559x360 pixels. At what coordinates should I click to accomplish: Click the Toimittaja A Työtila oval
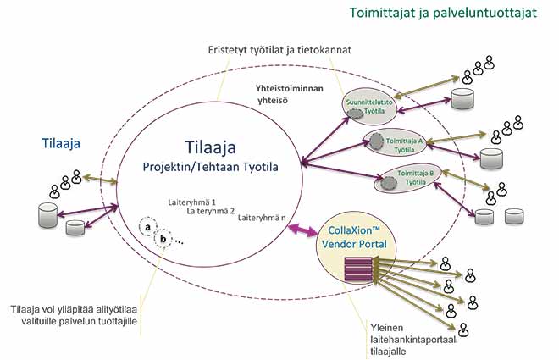coord(392,142)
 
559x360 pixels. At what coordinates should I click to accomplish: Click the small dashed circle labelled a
coord(148,228)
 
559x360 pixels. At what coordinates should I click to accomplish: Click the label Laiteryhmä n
coord(261,218)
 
